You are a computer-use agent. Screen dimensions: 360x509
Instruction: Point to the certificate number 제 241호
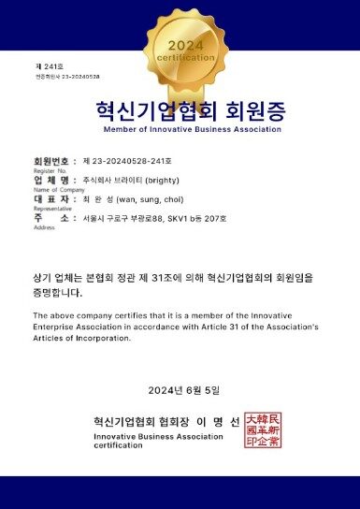click(46, 65)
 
